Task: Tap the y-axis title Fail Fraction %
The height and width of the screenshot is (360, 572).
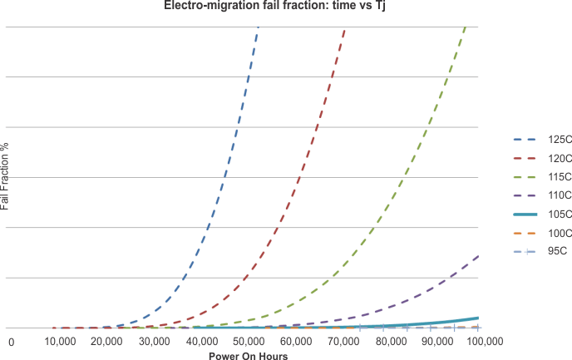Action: pyautogui.click(x=6, y=175)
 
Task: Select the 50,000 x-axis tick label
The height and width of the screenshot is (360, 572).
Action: pyautogui.click(x=249, y=342)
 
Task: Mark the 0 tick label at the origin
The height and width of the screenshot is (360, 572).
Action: pyautogui.click(x=12, y=342)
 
